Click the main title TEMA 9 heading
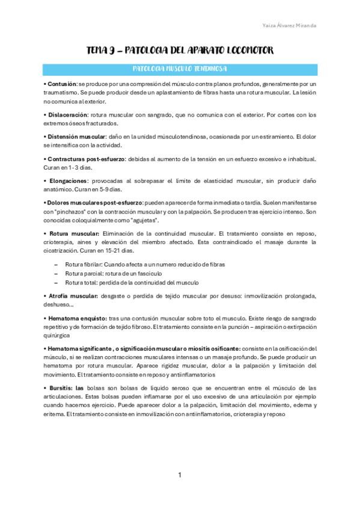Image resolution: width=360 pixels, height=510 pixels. pos(180,53)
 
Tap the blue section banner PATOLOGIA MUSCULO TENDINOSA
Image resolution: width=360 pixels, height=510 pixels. pos(180,69)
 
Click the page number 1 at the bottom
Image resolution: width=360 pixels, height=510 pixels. pos(180,476)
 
